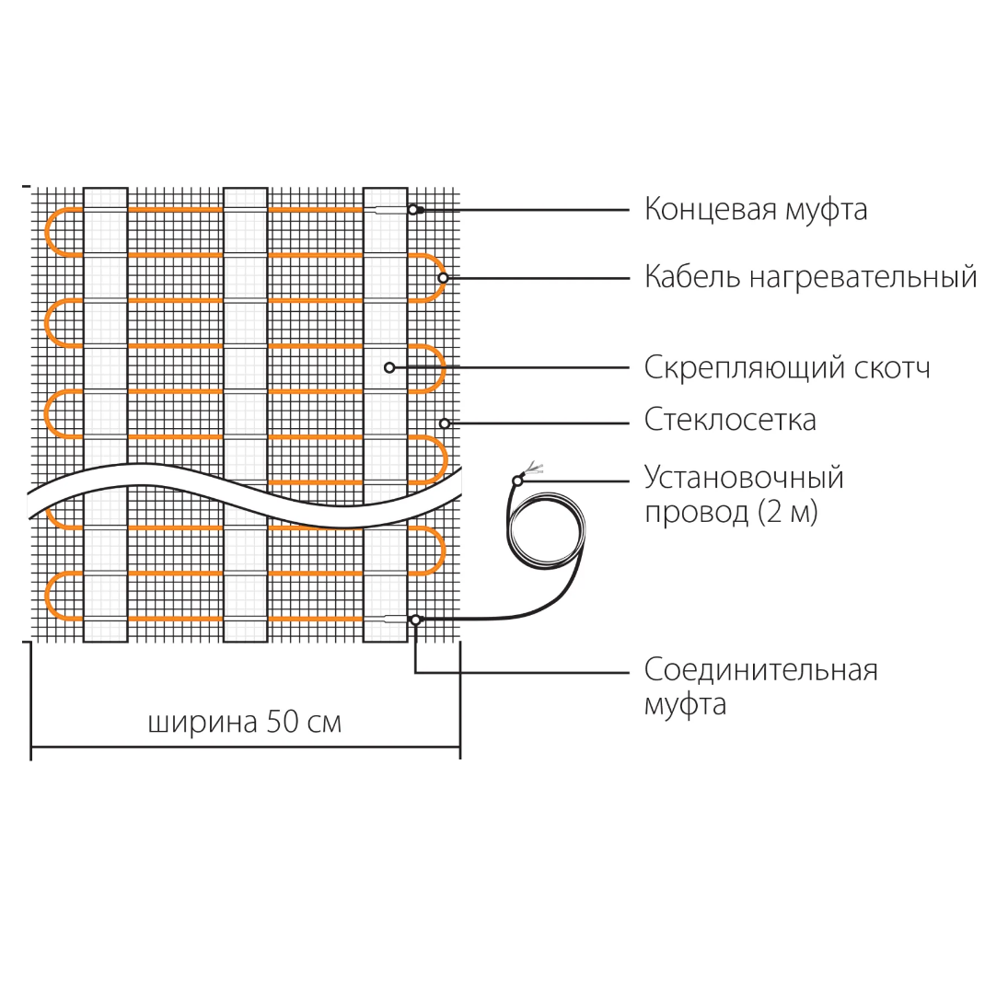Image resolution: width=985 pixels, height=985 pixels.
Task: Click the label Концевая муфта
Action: pos(755,210)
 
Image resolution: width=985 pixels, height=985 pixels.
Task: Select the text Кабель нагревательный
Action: pos(810,277)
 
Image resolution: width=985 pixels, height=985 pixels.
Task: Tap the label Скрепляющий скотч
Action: pos(787,367)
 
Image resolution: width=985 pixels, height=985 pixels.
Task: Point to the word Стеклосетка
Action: pos(730,420)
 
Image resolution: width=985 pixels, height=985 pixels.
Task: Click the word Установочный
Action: pos(744,478)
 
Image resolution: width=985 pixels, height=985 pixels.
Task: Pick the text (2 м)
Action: pos(788,512)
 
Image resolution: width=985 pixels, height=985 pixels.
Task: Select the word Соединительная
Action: pos(760,669)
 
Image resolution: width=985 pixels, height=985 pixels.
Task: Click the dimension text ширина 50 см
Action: pos(245,722)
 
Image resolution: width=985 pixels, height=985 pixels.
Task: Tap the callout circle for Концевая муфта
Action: pos(413,210)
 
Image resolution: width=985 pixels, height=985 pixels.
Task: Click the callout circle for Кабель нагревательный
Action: pos(443,277)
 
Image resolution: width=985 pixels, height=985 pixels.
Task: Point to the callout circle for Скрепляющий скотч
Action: pos(389,367)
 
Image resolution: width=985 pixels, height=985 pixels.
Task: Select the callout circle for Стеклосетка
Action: pos(444,423)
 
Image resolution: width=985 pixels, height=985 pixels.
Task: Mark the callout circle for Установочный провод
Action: pos(517,481)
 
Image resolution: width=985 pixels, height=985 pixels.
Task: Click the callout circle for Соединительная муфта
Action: pos(416,620)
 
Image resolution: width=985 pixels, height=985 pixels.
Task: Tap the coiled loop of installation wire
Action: pos(547,532)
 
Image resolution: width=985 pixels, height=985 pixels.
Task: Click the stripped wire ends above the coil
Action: pos(532,467)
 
